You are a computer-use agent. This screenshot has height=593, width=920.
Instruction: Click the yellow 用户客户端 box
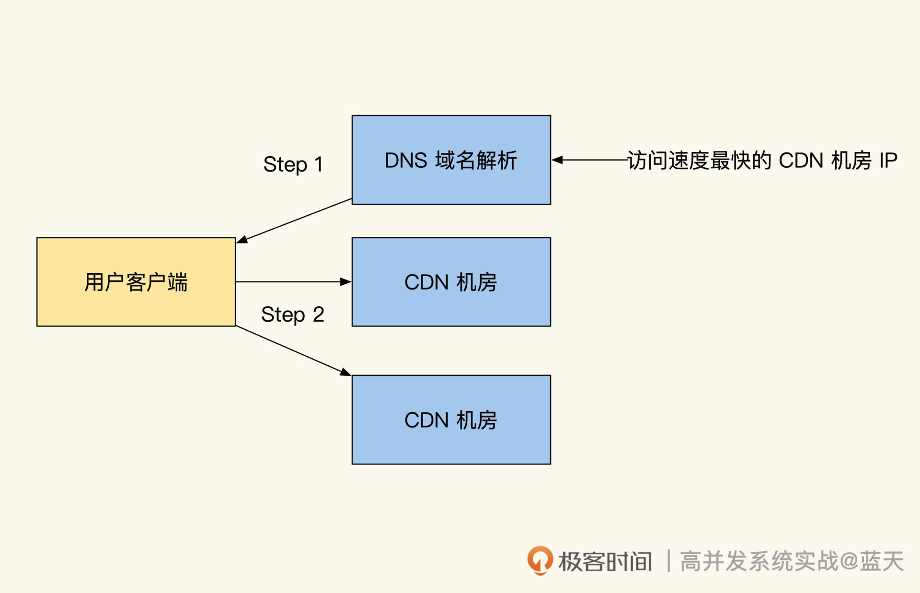click(x=136, y=282)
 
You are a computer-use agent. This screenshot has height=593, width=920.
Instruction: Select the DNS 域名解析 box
click(x=451, y=160)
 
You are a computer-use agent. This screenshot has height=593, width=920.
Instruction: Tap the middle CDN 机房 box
click(x=451, y=282)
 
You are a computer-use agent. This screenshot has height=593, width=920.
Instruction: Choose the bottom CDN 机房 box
click(x=451, y=419)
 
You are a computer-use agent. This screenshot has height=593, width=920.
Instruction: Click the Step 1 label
click(x=293, y=164)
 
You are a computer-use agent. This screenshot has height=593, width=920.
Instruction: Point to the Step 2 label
click(x=292, y=315)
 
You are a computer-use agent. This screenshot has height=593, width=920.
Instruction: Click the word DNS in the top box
click(x=405, y=161)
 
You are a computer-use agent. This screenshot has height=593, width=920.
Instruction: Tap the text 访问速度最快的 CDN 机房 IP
click(x=762, y=161)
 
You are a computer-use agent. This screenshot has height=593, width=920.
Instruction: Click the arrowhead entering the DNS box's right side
click(x=557, y=160)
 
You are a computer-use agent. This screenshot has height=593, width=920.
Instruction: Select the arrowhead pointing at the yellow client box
click(x=242, y=239)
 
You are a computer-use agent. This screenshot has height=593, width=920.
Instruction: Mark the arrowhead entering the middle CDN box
click(x=345, y=282)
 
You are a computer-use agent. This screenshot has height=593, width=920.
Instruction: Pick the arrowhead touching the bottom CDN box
click(x=345, y=372)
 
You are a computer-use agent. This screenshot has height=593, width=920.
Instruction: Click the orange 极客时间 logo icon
click(x=540, y=560)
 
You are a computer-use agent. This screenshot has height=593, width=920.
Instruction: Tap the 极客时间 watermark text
click(x=605, y=561)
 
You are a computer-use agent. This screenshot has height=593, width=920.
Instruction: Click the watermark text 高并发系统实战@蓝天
click(x=792, y=561)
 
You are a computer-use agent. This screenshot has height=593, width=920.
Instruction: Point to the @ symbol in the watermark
click(x=849, y=561)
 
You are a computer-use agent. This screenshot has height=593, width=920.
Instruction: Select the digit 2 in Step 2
click(x=318, y=315)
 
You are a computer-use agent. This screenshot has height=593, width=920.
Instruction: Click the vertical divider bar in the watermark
click(x=668, y=561)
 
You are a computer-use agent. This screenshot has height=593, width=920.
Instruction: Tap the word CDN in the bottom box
click(x=426, y=420)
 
